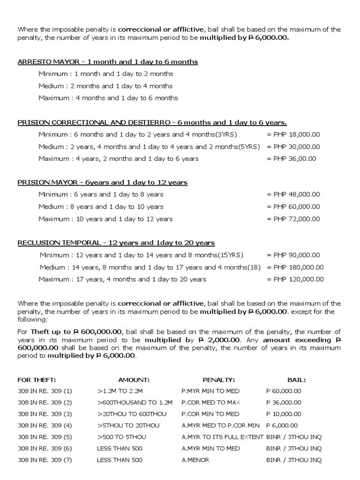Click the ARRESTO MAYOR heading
[107, 62]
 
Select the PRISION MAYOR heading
[102, 182]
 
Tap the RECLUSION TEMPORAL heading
[116, 243]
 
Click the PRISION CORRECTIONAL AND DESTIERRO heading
[152, 122]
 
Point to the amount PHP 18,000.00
[293, 134]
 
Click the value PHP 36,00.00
[292, 158]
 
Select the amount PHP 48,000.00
[293, 194]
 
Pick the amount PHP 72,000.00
[293, 218]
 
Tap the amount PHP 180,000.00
[295, 267]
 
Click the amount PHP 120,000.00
[295, 279]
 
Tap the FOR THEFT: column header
[37, 380]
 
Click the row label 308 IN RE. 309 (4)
[45, 426]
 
